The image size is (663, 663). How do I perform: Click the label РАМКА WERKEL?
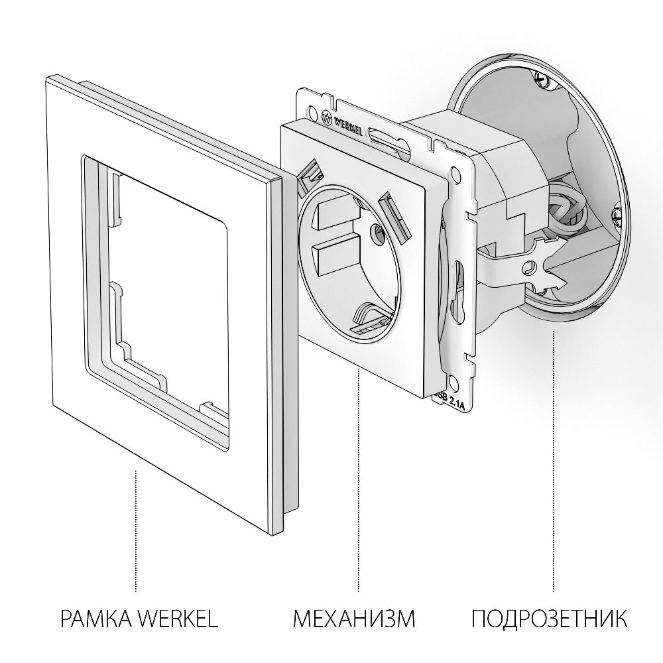pos(139,620)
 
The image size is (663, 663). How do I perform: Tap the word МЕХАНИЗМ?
pos(354,620)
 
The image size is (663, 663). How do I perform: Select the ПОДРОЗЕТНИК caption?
pos(550,620)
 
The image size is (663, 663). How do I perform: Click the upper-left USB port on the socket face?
pos(310,175)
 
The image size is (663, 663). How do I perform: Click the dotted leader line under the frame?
pos(136,530)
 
